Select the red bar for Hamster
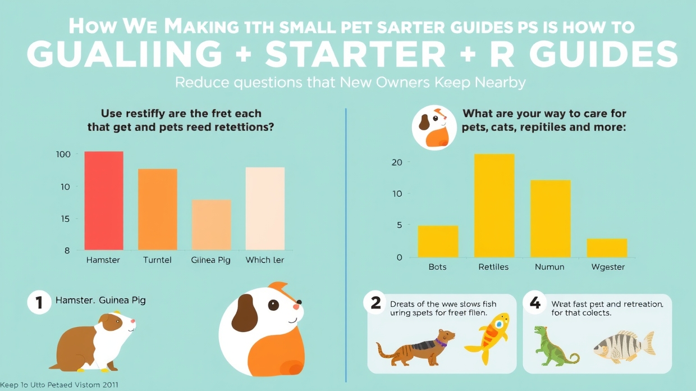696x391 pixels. [104, 201]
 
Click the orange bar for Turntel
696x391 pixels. [158, 209]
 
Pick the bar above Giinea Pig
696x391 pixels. [211, 225]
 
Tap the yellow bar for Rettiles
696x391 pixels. [494, 205]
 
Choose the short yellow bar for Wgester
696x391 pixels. [607, 248]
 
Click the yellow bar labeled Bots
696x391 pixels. [438, 242]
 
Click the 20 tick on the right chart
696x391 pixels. [397, 162]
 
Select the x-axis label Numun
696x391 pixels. [550, 267]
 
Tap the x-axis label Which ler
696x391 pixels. [265, 260]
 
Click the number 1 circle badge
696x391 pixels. [39, 302]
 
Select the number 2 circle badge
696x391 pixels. [376, 302]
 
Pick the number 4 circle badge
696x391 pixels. [534, 303]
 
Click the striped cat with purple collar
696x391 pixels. [414, 347]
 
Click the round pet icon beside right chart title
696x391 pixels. [434, 128]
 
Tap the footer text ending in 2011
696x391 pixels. [59, 385]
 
